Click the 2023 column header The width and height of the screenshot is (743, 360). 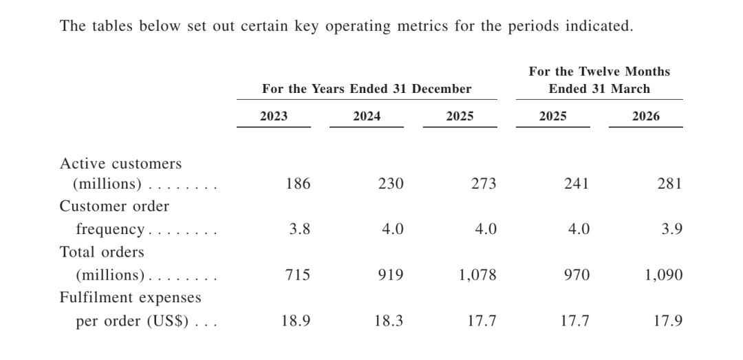273,116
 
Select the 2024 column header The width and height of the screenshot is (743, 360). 366,116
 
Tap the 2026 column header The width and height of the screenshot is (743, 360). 645,116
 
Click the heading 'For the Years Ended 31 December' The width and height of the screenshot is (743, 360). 367,89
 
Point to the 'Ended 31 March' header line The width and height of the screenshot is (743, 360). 599,89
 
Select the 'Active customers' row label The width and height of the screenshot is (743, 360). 120,164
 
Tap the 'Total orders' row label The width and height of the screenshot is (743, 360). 102,252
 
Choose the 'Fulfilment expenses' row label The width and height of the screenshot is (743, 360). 130,297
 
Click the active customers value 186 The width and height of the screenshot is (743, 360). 298,184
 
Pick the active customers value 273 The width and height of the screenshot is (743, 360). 484,184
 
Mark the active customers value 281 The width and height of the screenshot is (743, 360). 669,184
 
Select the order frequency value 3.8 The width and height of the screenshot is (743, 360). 300,229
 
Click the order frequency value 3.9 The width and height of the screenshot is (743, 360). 672,229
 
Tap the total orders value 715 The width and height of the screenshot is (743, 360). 298,275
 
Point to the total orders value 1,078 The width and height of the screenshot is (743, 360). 477,275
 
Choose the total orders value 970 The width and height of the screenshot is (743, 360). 577,275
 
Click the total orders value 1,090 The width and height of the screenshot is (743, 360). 664,275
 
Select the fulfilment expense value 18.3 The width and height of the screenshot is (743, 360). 389,321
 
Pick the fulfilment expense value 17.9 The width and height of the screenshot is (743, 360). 668,321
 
